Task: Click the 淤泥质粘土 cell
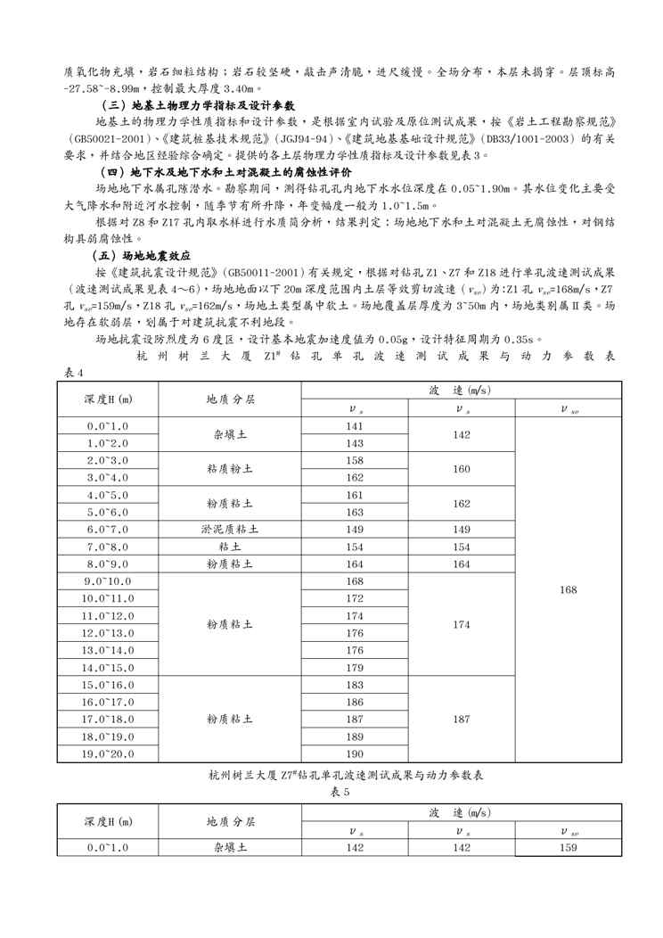tap(230, 529)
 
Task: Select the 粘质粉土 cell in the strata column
tap(230, 468)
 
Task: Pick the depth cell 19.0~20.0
tap(107, 753)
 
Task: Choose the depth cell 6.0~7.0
tap(107, 529)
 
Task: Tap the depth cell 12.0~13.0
tap(107, 633)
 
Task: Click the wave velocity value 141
tap(355, 426)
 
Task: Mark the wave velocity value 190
tap(355, 753)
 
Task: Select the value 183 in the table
tap(355, 685)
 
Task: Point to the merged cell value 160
tap(462, 468)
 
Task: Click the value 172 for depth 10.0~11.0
tap(355, 598)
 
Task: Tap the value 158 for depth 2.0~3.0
tap(355, 460)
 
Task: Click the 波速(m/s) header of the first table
tap(462, 391)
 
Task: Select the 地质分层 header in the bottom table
tap(230, 821)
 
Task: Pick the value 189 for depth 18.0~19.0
tap(355, 736)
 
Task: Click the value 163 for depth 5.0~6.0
tap(355, 512)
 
